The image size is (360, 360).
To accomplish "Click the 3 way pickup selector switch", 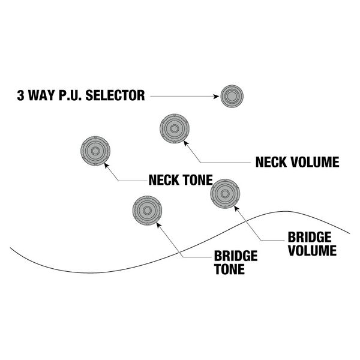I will click(231, 97).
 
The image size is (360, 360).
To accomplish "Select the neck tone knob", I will click(95, 150).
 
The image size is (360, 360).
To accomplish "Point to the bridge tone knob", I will click(147, 211).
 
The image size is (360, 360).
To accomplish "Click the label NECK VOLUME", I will click(297, 162).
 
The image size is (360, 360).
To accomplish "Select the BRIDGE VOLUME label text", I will click(312, 244).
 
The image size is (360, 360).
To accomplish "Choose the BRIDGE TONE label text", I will click(235, 263).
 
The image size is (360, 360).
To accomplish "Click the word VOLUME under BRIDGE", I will click(312, 250).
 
